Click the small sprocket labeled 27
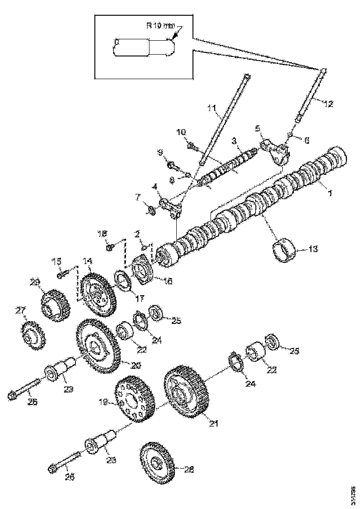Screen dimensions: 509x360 31,336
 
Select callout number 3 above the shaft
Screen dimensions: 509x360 234,139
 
